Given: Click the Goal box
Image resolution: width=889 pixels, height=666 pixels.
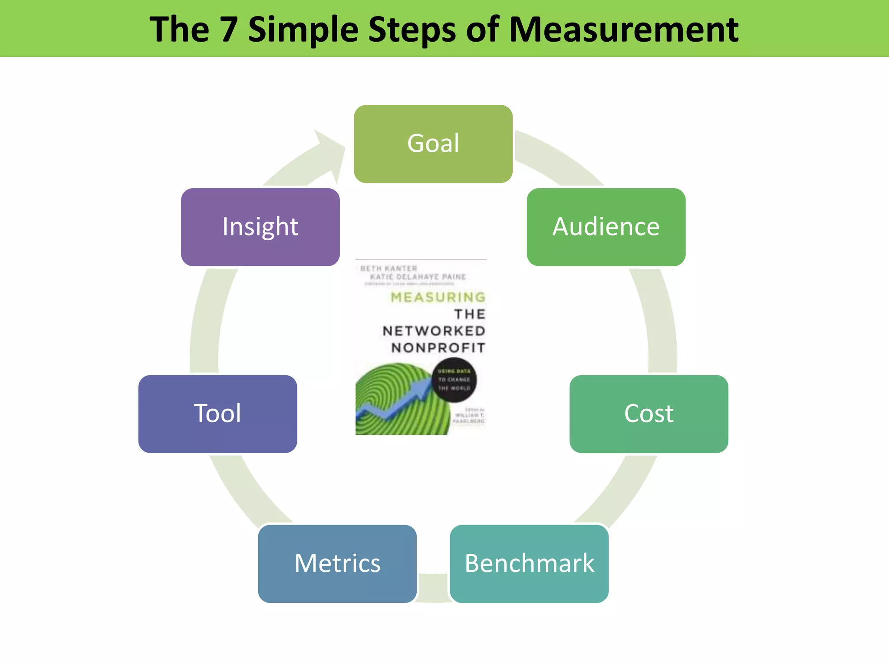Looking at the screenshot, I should point(433,144).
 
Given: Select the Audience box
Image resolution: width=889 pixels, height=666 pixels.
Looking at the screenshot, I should point(606,227).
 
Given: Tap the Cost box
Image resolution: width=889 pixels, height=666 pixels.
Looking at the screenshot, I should point(649,414).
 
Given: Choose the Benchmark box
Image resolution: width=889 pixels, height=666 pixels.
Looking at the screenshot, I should point(529,563).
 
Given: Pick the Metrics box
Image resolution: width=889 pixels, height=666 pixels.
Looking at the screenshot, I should point(337,563).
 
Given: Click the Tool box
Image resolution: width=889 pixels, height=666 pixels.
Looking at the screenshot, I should point(217,414).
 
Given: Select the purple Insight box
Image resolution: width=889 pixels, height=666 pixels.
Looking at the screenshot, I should point(260,227).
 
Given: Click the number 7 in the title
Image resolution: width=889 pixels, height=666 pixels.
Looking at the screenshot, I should point(228,29).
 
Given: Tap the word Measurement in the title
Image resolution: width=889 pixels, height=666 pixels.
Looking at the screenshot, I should point(623,29).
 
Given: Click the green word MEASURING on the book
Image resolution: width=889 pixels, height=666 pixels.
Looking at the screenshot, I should point(438,297).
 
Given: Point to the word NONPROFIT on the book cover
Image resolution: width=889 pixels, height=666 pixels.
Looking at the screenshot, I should point(438,348).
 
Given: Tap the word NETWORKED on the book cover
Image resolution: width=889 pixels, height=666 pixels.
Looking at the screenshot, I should point(434,331).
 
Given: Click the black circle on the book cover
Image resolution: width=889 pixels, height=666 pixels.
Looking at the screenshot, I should point(454,380).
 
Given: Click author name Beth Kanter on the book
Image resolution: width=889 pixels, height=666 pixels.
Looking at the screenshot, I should point(389,268).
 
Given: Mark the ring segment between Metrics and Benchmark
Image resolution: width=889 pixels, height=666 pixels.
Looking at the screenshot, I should point(433,588).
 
